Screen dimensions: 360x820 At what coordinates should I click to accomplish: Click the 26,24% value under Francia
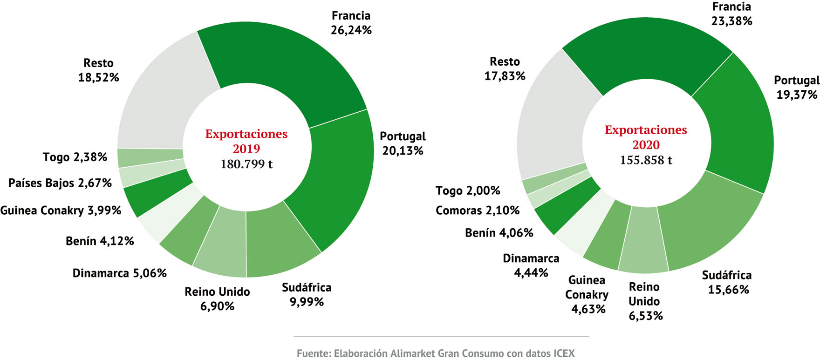[x=351, y=30]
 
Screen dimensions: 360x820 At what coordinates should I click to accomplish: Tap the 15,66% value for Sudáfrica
[x=728, y=290]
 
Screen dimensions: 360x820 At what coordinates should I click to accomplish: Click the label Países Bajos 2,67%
[x=60, y=183]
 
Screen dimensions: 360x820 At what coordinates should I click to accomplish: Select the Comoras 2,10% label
[x=478, y=211]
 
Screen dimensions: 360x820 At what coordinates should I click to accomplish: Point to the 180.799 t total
[x=246, y=164]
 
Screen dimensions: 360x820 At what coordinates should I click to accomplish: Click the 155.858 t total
[x=646, y=160]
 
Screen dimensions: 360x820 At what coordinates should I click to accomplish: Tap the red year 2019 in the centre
[x=246, y=149]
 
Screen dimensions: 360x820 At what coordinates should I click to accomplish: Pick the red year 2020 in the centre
[x=646, y=145]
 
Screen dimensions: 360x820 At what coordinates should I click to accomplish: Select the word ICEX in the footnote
[x=564, y=353]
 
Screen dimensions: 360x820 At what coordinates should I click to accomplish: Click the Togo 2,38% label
[x=75, y=157]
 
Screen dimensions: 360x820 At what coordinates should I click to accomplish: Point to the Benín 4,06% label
[x=499, y=233]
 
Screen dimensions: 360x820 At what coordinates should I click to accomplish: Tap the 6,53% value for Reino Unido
[x=646, y=316]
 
